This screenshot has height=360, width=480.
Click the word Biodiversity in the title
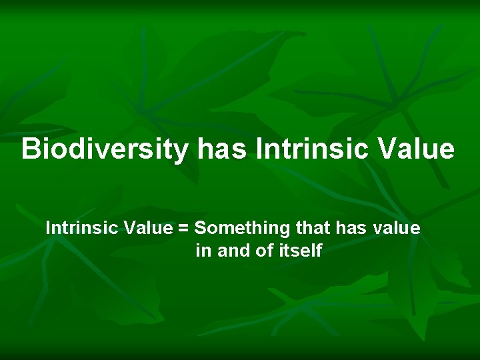click(105, 149)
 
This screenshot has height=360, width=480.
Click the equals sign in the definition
click(183, 229)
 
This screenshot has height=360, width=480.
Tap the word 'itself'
click(299, 251)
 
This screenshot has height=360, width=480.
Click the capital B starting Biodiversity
click(30, 149)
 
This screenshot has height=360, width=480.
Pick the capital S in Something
click(201, 229)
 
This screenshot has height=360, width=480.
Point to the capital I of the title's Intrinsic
click(259, 149)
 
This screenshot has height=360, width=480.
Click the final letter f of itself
click(319, 251)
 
